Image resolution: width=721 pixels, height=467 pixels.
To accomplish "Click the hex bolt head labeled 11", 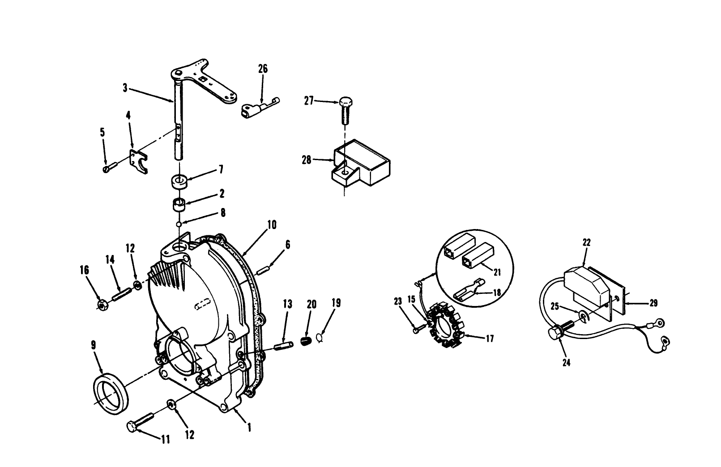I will [132, 426].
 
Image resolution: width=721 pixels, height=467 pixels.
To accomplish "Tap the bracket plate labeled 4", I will [139, 161].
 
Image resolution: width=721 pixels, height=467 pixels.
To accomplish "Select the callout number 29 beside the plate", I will [654, 303].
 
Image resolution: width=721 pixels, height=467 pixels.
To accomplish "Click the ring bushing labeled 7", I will [180, 182].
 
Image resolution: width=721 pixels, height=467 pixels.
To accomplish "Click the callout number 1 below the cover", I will [249, 427].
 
